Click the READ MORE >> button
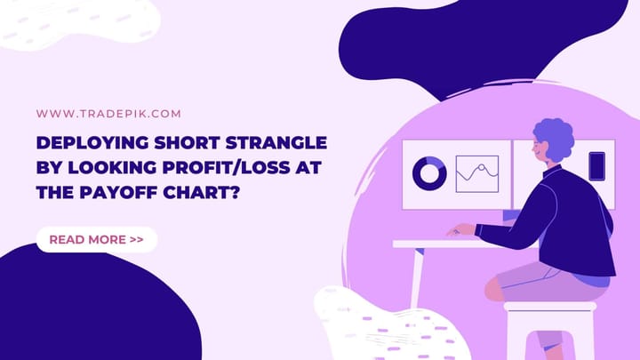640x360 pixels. point(97,239)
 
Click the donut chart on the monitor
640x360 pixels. point(430,173)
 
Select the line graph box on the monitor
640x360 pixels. point(477,173)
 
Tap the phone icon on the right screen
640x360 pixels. point(596,166)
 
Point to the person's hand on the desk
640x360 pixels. point(460,230)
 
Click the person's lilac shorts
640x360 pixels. point(533,283)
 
